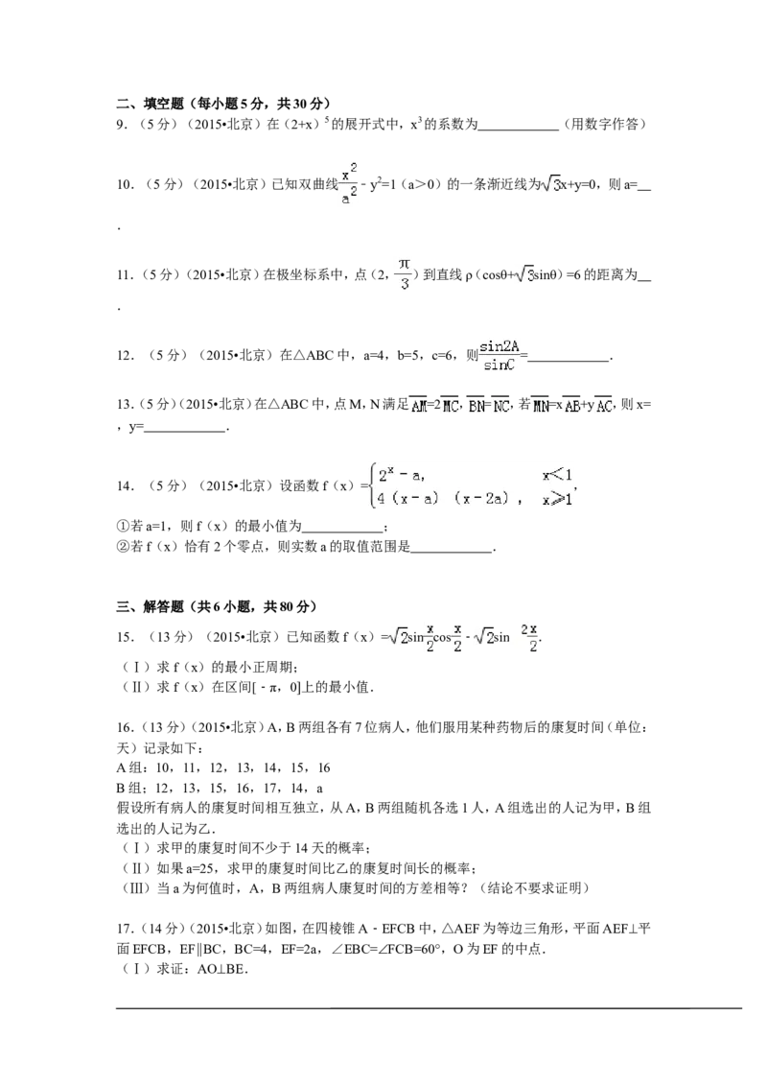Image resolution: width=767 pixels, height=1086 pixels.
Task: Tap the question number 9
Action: [x=121, y=125]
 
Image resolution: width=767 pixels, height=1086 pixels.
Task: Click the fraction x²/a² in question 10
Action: [x=349, y=183]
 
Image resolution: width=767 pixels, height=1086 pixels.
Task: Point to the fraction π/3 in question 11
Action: [x=405, y=274]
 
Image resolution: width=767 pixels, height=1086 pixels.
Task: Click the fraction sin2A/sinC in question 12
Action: [x=500, y=355]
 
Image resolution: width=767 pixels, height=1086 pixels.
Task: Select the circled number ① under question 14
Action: [x=123, y=527]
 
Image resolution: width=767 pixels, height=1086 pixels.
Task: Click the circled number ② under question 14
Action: [x=123, y=547]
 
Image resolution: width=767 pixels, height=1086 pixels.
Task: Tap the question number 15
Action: [x=124, y=637]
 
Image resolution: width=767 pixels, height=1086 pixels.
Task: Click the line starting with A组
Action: [x=223, y=767]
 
